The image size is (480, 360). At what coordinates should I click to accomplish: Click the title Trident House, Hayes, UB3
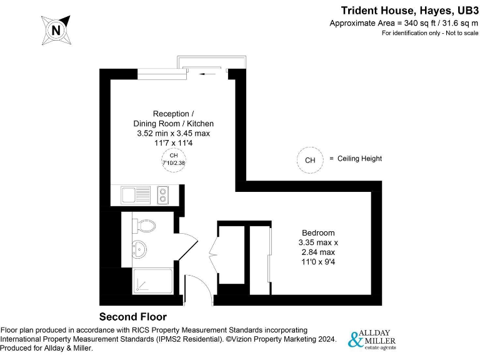click(409, 11)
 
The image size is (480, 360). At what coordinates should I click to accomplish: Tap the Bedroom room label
click(318, 233)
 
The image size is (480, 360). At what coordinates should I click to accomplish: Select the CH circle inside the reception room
click(174, 159)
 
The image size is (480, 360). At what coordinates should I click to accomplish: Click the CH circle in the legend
click(309, 160)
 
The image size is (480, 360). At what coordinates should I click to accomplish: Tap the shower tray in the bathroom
click(152, 281)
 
